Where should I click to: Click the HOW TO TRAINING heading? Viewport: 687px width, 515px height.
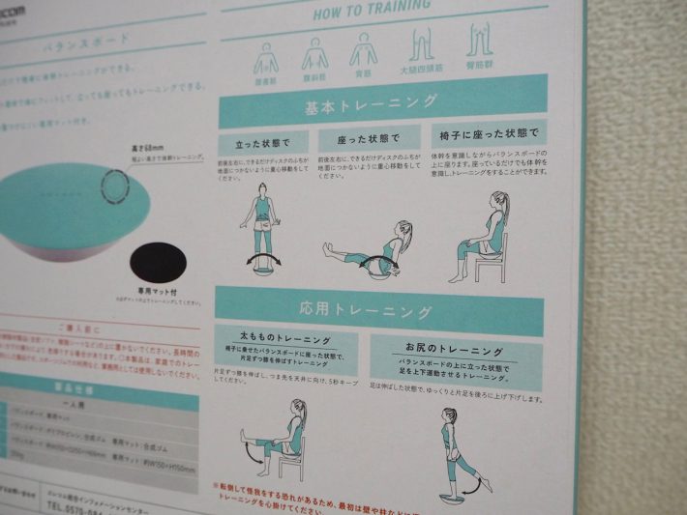(372, 9)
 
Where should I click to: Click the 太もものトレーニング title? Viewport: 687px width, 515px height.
(284, 340)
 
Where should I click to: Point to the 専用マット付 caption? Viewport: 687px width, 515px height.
(158, 290)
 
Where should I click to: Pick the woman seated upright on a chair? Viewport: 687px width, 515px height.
(484, 237)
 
